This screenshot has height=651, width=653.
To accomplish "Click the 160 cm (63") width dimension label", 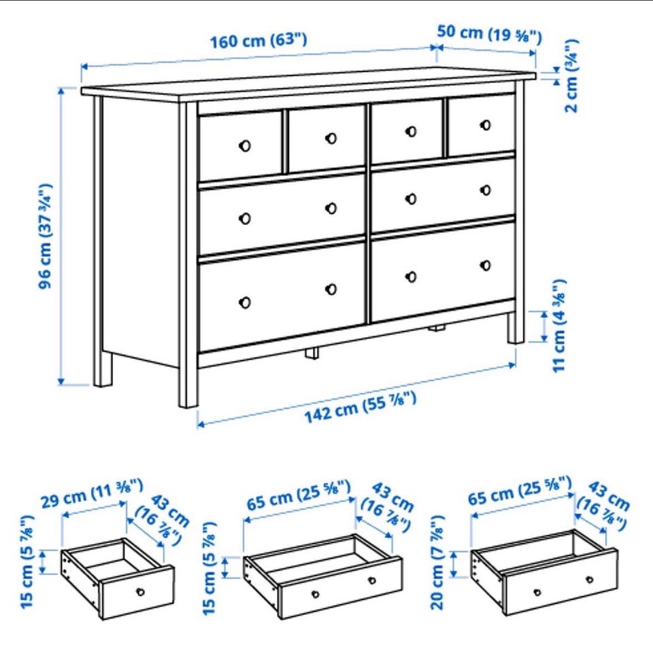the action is coord(258,41).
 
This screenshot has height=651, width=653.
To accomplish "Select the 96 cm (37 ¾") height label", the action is coord(45,236).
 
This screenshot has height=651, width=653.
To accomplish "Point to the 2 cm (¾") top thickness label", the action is coord(571,75).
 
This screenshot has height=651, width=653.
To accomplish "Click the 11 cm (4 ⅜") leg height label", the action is coord(559,325).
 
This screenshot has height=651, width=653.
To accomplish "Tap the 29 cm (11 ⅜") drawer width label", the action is coord(92,493).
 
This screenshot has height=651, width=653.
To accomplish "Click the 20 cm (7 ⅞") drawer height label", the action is coord(437,563).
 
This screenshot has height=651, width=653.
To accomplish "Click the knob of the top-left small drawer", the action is coord(245,145).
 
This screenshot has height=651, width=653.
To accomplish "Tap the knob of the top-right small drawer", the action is coord(485,125).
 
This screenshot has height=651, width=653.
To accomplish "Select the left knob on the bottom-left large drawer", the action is coord(245,302).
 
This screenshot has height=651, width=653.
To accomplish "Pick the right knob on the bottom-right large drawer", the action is coord(485,266).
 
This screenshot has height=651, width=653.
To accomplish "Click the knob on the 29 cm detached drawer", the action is coord(140,591).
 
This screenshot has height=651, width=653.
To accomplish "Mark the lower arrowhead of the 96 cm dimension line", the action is coord(62,381).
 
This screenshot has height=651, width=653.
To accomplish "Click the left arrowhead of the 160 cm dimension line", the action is coord(85,67).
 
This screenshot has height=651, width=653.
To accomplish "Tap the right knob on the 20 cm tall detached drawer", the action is coord(589,580).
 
